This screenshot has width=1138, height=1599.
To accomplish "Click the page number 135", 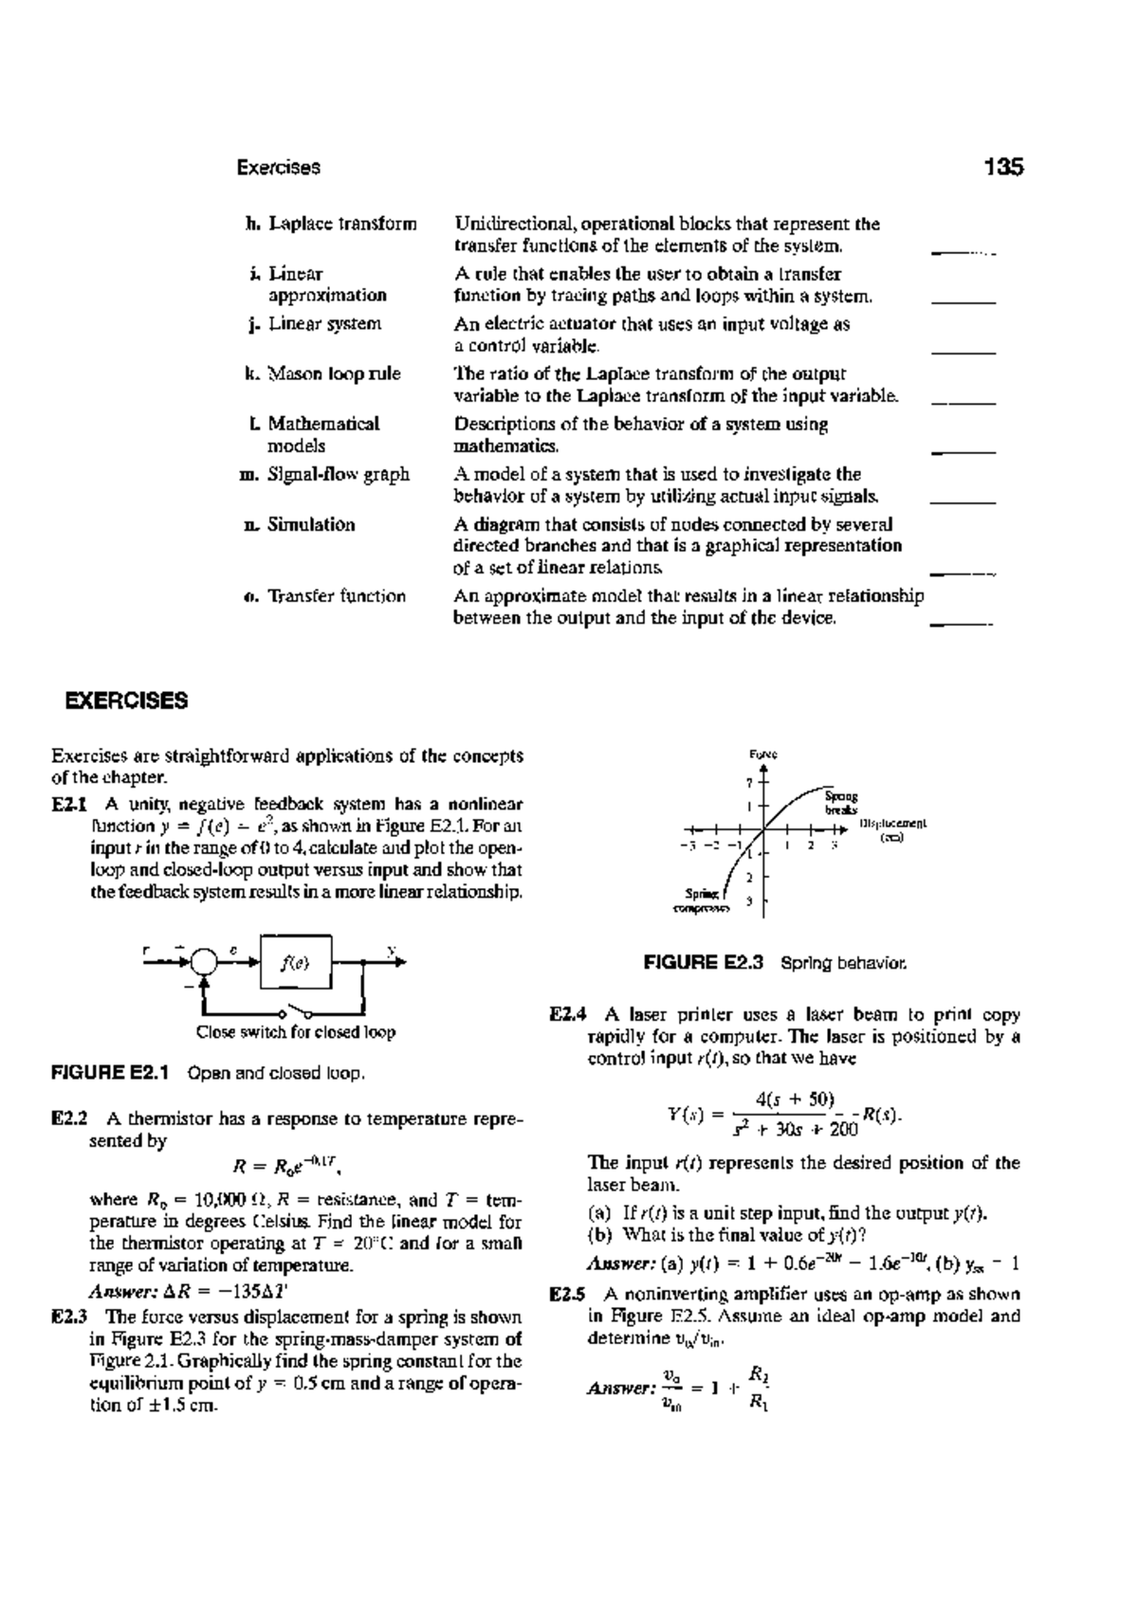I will pos(1004,168).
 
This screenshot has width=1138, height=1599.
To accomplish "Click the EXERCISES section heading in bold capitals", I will pos(126,701).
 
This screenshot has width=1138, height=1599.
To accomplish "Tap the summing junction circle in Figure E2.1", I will pos(204,961).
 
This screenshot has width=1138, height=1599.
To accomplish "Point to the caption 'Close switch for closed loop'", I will pos(295,1032).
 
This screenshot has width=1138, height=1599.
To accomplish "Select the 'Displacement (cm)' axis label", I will pos(892,830).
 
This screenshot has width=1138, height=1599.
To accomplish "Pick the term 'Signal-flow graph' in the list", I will pos(338,474).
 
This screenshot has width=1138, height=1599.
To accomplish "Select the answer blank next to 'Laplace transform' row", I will pos(964,252).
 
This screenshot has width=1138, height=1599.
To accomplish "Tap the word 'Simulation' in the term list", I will pos(311,524).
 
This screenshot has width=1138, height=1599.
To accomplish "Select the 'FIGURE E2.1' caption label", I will pos(109,1074).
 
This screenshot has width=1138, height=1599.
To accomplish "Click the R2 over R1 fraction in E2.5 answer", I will pos(758,1389).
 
